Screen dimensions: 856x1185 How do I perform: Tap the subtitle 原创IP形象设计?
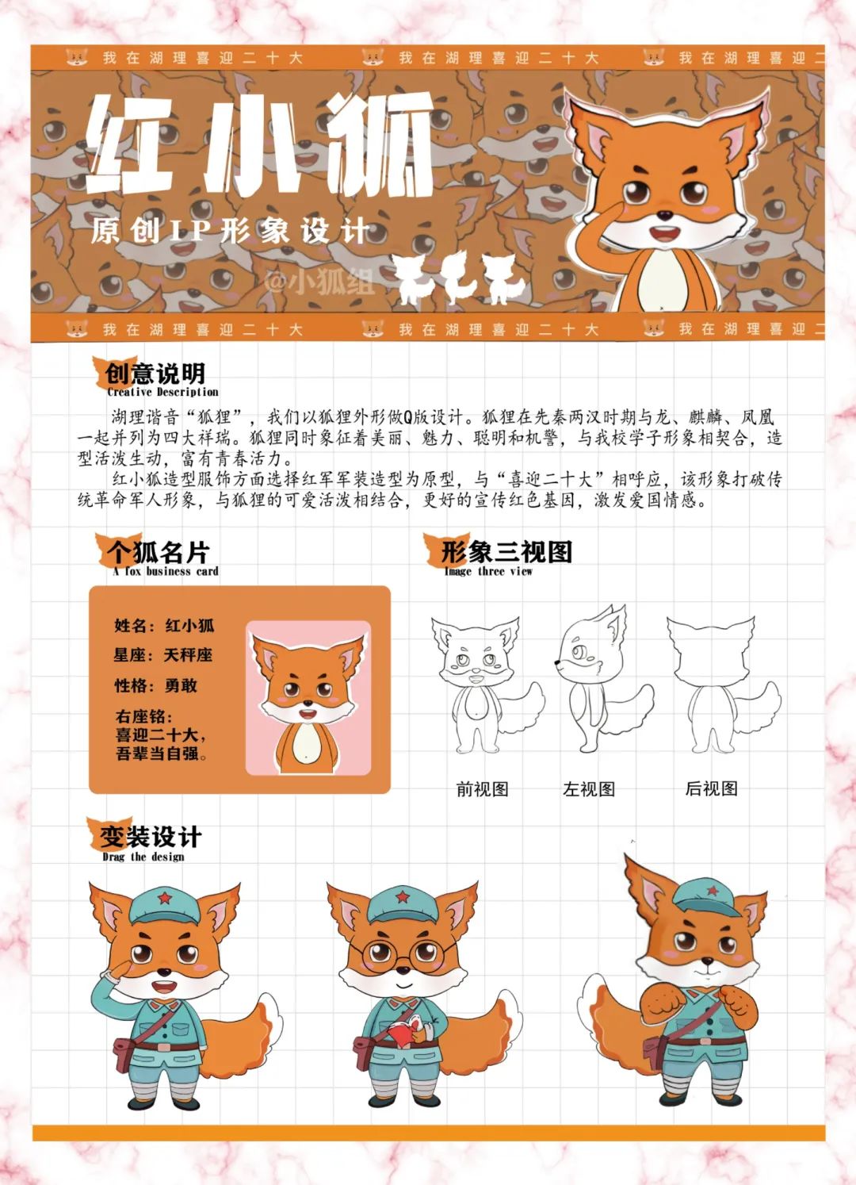(x=230, y=231)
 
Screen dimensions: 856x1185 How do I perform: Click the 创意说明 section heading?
(x=155, y=374)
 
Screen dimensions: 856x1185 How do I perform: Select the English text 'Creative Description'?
(x=162, y=392)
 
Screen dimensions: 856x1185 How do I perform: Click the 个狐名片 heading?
(x=158, y=553)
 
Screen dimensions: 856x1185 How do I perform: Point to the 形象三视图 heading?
(x=506, y=552)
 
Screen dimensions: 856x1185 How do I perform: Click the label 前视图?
(x=482, y=789)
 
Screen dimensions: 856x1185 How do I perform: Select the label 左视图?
(x=589, y=789)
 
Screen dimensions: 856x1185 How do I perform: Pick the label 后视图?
(x=711, y=788)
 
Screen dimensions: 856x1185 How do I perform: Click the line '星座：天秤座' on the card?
(x=162, y=655)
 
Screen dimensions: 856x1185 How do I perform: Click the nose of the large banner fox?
(x=665, y=215)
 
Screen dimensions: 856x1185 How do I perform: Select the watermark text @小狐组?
(x=319, y=281)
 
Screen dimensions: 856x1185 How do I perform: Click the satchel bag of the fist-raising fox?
(x=655, y=1053)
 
